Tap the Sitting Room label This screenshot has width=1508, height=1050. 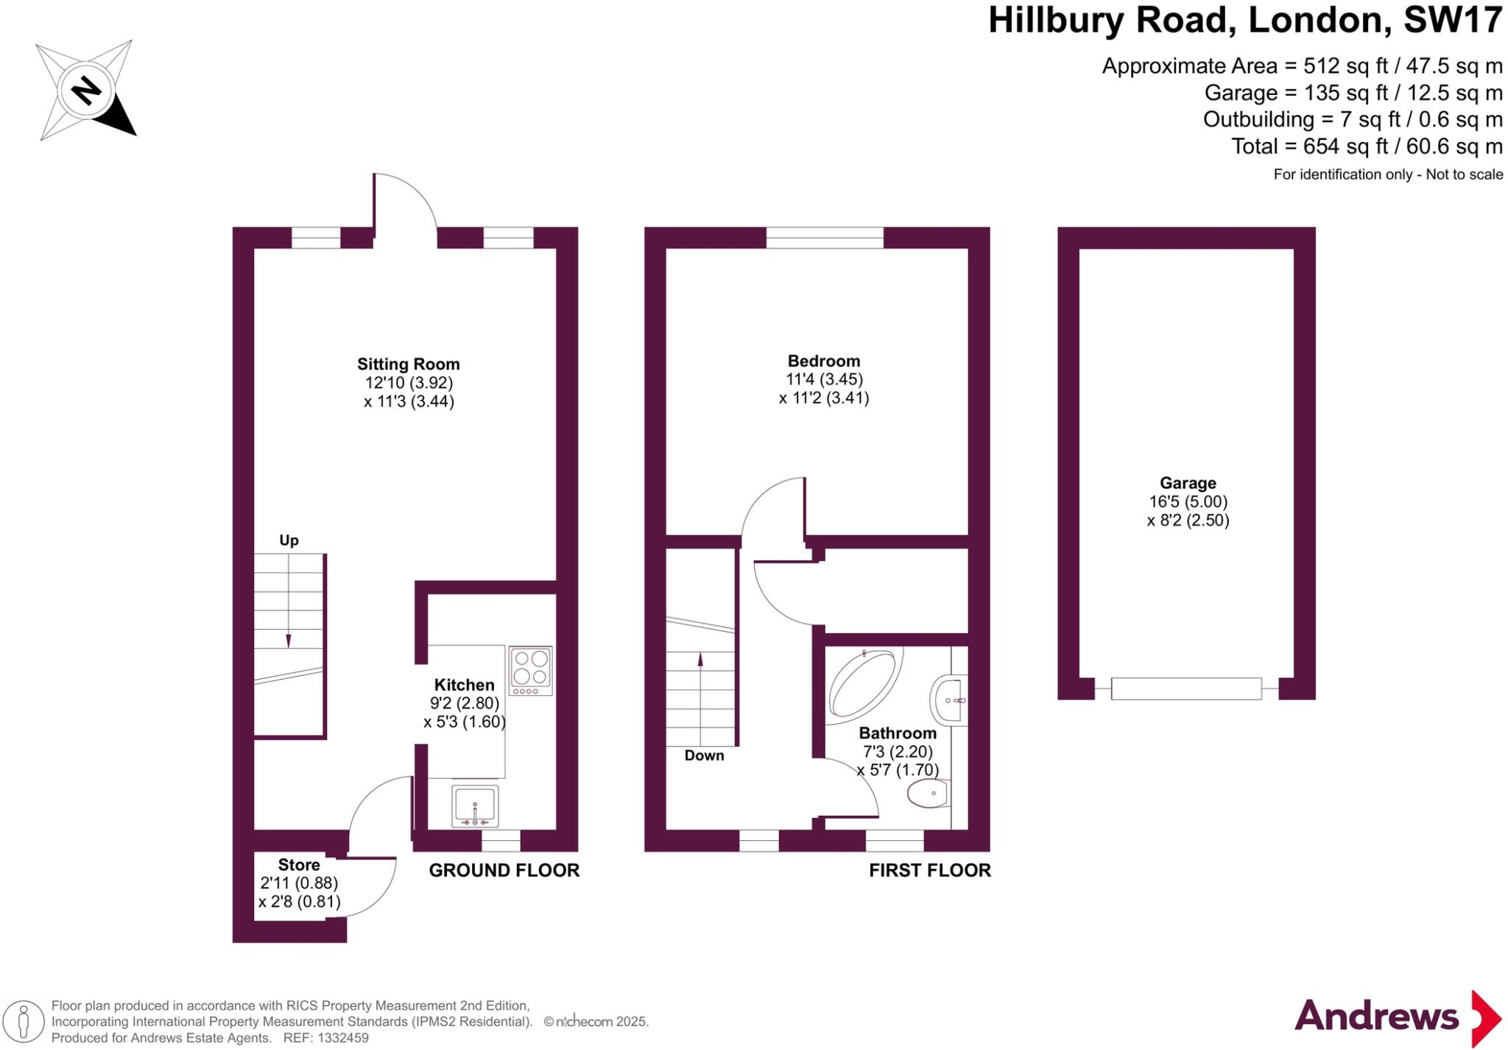[x=408, y=364]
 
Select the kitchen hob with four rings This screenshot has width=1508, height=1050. [x=530, y=670]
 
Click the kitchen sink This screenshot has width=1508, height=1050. [x=475, y=806]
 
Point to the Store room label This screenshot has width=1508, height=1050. [x=299, y=864]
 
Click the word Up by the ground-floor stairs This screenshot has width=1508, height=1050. [x=289, y=540]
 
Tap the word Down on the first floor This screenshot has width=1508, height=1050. [x=704, y=755]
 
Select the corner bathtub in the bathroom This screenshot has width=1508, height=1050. [x=863, y=683]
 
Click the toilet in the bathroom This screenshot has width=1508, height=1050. [x=929, y=794]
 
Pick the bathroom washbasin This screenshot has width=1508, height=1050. [x=949, y=700]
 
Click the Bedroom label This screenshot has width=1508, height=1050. [x=823, y=361]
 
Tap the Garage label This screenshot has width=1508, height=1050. [x=1188, y=483]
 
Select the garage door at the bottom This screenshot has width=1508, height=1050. [x=1185, y=689]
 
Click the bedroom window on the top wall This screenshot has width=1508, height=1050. [x=824, y=237]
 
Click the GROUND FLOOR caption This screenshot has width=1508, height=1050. [x=504, y=870]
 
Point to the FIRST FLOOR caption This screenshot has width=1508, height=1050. [x=929, y=870]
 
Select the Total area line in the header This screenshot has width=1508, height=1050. [x=1367, y=147]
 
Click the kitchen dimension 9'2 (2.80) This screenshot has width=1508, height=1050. [x=464, y=703]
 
